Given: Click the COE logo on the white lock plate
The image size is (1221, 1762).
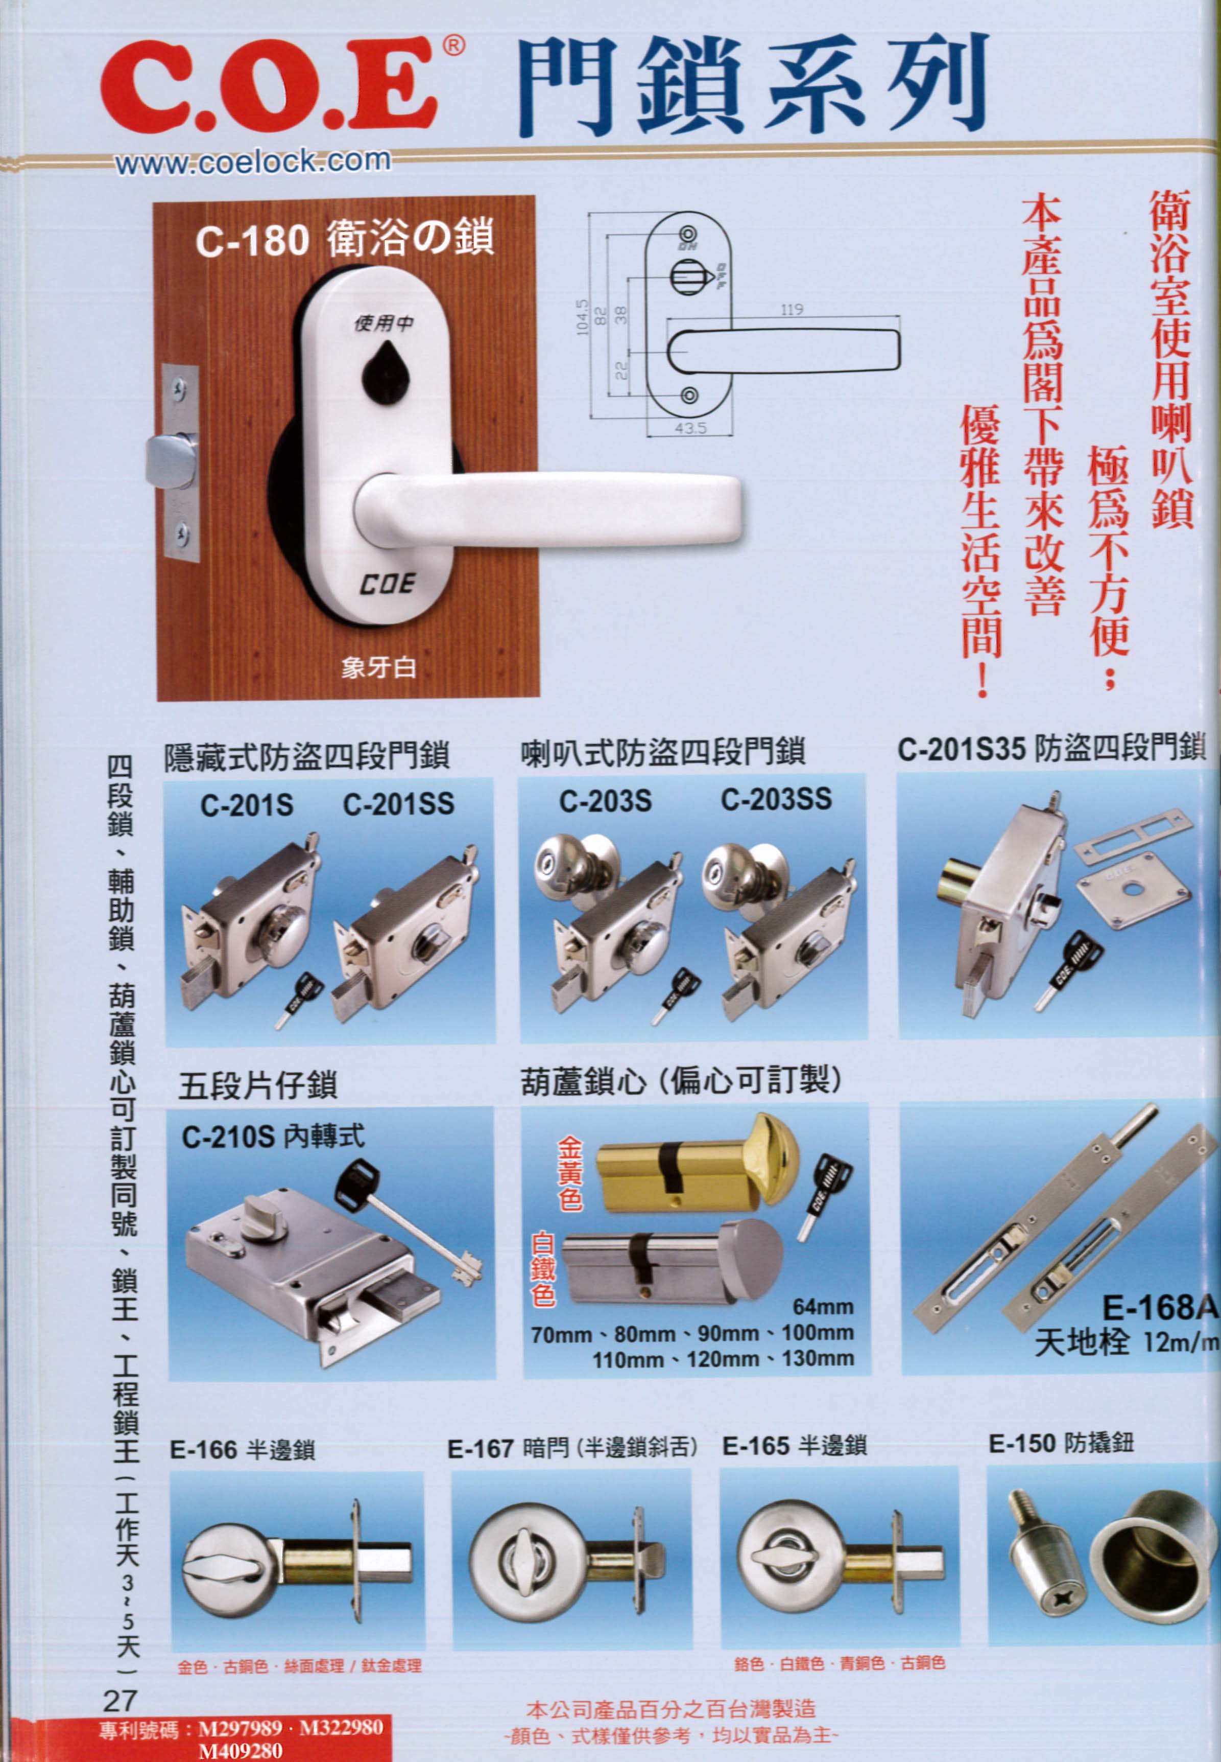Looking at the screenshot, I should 388,585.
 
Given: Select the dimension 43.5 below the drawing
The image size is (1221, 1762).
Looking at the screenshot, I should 690,429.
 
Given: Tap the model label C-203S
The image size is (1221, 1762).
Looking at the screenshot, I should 605,801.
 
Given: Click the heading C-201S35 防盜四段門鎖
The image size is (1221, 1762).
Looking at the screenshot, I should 1051,749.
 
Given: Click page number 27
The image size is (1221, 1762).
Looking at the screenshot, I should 119,1700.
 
